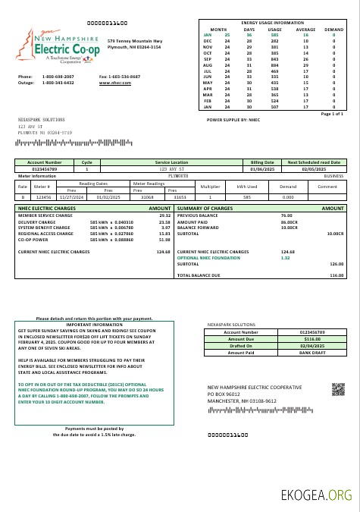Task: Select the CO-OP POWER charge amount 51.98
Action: (164, 239)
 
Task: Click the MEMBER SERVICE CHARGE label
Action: (45, 215)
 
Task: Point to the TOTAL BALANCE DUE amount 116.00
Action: (337, 275)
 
